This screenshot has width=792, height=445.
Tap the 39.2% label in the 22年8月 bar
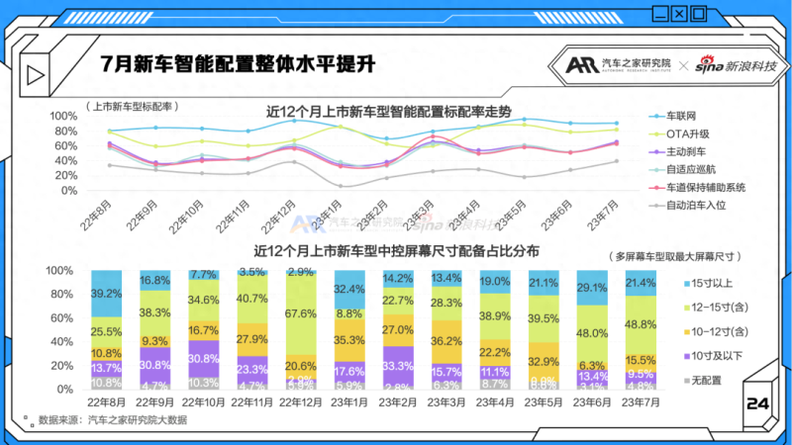click(x=106, y=294)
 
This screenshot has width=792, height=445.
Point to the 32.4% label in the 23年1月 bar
click(x=349, y=289)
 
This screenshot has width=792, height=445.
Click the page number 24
click(x=757, y=404)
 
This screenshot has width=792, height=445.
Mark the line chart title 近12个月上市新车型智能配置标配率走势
click(x=389, y=112)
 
